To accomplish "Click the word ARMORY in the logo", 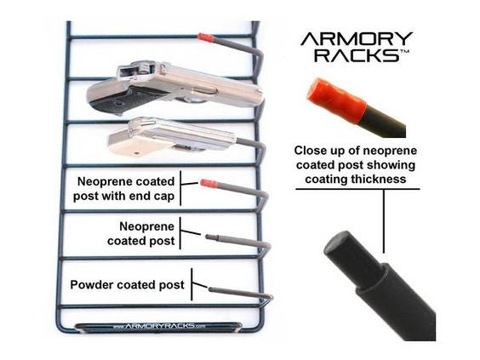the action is [x=357, y=38].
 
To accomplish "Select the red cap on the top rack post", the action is [x=206, y=37].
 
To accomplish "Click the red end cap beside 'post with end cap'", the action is [x=209, y=184].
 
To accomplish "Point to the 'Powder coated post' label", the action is [x=127, y=285].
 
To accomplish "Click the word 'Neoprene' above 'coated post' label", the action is [x=146, y=226].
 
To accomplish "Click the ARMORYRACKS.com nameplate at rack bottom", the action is [x=158, y=326].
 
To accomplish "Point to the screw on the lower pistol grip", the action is [x=137, y=151].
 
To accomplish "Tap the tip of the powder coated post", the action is [x=210, y=289].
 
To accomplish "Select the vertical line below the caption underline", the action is [x=384, y=221].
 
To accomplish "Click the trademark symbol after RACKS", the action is [x=405, y=51].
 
